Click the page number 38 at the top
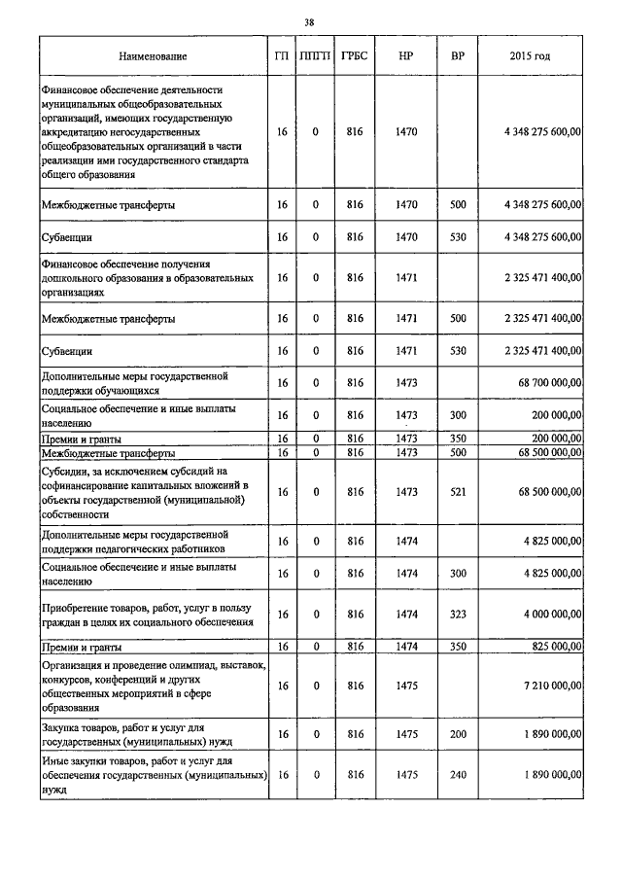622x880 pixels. (x=309, y=22)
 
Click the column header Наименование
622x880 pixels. (x=153, y=56)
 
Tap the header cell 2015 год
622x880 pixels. (x=530, y=56)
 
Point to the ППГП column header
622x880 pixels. (x=316, y=56)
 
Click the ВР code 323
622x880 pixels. (x=458, y=614)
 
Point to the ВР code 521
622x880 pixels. (x=458, y=493)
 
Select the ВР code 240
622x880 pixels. (x=458, y=775)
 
